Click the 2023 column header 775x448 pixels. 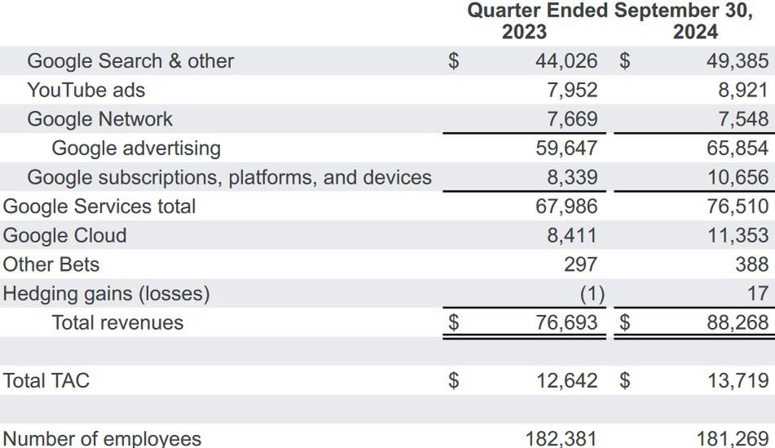524,33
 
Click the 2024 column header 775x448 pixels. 695,33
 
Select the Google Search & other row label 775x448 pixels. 130,61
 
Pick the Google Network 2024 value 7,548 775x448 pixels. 742,119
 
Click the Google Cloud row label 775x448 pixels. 65,236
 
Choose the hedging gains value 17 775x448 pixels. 757,294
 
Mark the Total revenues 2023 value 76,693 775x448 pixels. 566,323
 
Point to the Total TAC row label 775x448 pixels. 46,381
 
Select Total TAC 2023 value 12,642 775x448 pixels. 566,381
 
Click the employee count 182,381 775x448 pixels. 561,439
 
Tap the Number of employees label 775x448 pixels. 102,439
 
